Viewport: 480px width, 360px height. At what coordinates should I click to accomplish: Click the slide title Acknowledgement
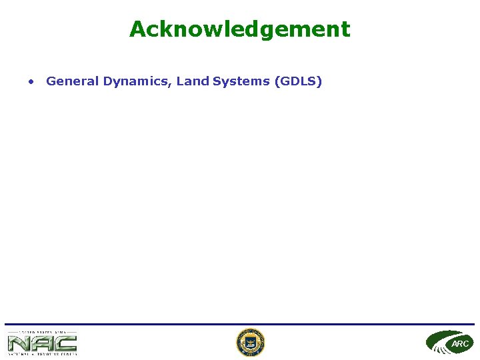(x=239, y=29)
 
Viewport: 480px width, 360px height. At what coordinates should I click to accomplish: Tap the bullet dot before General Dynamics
(x=31, y=82)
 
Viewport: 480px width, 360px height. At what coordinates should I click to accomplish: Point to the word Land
(x=193, y=81)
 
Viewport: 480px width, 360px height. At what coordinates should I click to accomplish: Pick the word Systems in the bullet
(x=241, y=82)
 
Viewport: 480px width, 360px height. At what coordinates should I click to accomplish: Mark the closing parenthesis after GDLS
(x=320, y=82)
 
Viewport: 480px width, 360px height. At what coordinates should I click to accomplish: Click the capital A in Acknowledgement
(x=138, y=29)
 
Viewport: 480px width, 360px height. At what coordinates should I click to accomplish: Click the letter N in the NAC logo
(x=18, y=343)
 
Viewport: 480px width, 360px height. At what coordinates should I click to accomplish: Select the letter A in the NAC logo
(x=42, y=343)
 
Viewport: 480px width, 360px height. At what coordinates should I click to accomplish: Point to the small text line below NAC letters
(x=42, y=354)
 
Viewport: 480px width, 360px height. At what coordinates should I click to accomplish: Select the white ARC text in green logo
(x=460, y=344)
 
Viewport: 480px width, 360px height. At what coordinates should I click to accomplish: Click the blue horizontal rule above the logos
(x=239, y=325)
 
